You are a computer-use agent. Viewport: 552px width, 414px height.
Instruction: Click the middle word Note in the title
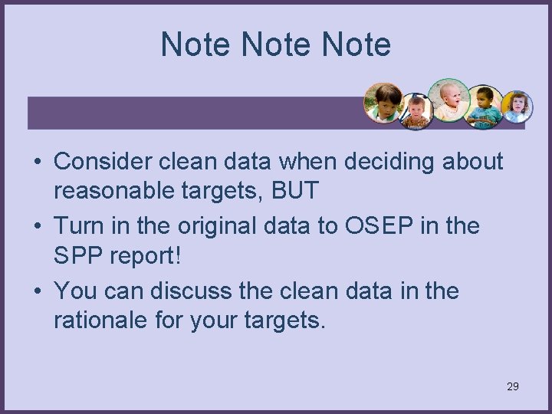[276, 44]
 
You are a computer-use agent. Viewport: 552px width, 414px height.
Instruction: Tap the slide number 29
[513, 386]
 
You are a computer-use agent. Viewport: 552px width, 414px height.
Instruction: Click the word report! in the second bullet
[143, 256]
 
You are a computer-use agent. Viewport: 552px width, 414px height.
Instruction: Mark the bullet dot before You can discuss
[38, 292]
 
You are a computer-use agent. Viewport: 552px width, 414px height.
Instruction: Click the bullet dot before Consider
[38, 163]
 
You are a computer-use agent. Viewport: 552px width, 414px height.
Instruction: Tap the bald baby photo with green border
[449, 100]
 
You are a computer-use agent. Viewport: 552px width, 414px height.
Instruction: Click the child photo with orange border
[383, 103]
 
